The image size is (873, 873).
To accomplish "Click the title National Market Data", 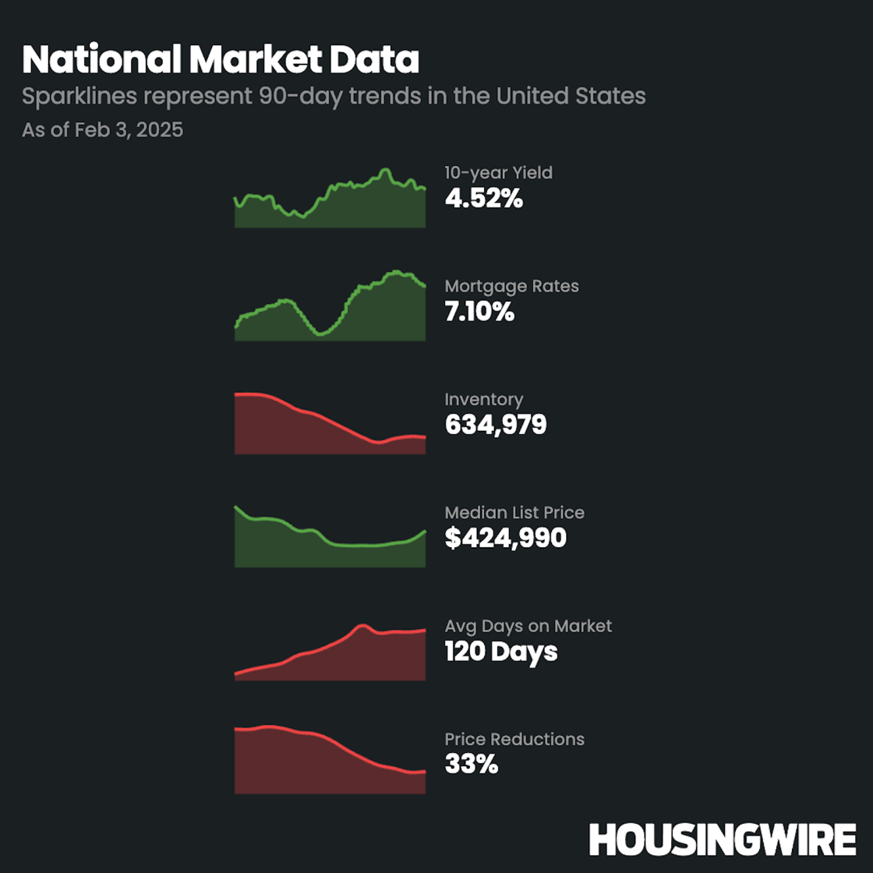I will point(221,60).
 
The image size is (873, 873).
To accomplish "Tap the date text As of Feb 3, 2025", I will point(102,129).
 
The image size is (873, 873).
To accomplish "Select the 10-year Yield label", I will point(498,172).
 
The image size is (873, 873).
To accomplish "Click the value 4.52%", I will point(483,199).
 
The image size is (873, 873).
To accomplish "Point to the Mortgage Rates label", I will point(511,286).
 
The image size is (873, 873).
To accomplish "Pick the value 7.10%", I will point(479,312).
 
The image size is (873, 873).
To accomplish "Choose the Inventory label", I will point(483,399).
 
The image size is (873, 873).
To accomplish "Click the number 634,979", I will point(496,425).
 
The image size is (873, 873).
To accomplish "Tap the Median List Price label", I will point(514,512).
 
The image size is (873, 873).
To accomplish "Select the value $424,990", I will point(505,538).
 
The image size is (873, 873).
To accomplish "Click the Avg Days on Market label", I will point(528,626).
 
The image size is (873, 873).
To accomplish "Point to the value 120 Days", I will point(500,652).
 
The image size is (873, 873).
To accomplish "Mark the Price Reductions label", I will point(514,739).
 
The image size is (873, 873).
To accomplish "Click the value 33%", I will point(471,765).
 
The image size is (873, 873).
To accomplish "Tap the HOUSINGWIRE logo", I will point(722,840).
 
